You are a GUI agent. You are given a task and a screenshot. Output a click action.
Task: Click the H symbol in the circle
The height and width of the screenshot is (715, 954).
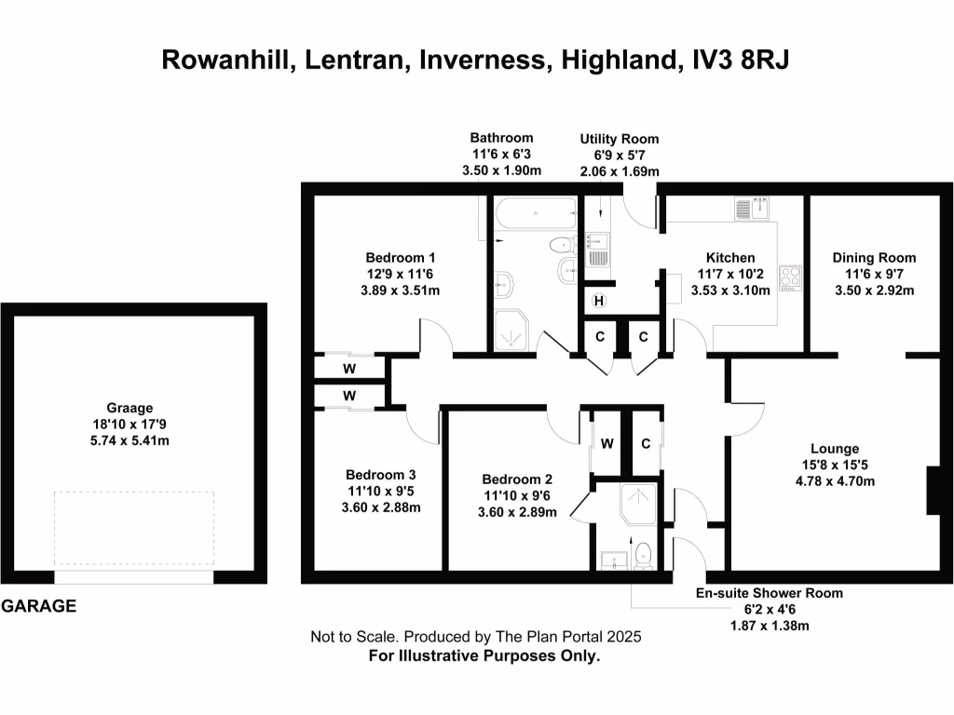pyautogui.click(x=599, y=301)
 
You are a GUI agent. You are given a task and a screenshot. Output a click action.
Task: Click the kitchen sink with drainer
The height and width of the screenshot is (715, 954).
pyautogui.click(x=753, y=209)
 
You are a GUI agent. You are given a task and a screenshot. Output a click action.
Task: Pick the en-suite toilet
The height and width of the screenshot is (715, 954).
pyautogui.click(x=643, y=555)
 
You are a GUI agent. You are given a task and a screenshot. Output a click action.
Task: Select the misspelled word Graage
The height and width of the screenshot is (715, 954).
pyautogui.click(x=129, y=408)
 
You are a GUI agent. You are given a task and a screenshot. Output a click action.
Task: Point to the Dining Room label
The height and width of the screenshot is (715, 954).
pyautogui.click(x=874, y=258)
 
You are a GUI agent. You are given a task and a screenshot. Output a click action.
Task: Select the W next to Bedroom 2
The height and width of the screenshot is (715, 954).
pyautogui.click(x=606, y=443)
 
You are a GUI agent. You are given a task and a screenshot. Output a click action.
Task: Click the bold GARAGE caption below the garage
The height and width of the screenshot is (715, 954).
pyautogui.click(x=38, y=607)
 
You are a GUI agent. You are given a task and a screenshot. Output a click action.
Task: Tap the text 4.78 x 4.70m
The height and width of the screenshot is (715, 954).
pyautogui.click(x=835, y=481)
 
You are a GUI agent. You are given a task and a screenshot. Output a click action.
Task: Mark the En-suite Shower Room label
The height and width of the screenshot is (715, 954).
pyautogui.click(x=769, y=593)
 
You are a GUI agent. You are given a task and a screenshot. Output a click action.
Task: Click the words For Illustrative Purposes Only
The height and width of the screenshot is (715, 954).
pyautogui.click(x=484, y=655)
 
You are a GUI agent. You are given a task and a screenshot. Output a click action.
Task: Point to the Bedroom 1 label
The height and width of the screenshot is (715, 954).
pyautogui.click(x=400, y=258)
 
